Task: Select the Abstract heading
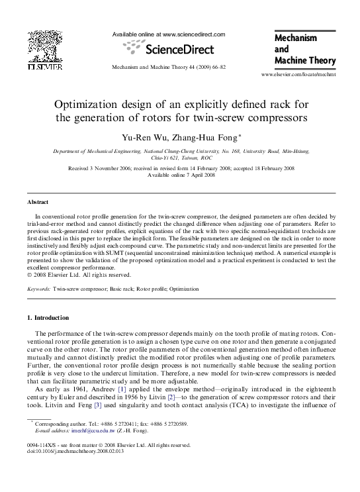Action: click(38, 201)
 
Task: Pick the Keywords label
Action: click(39, 289)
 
